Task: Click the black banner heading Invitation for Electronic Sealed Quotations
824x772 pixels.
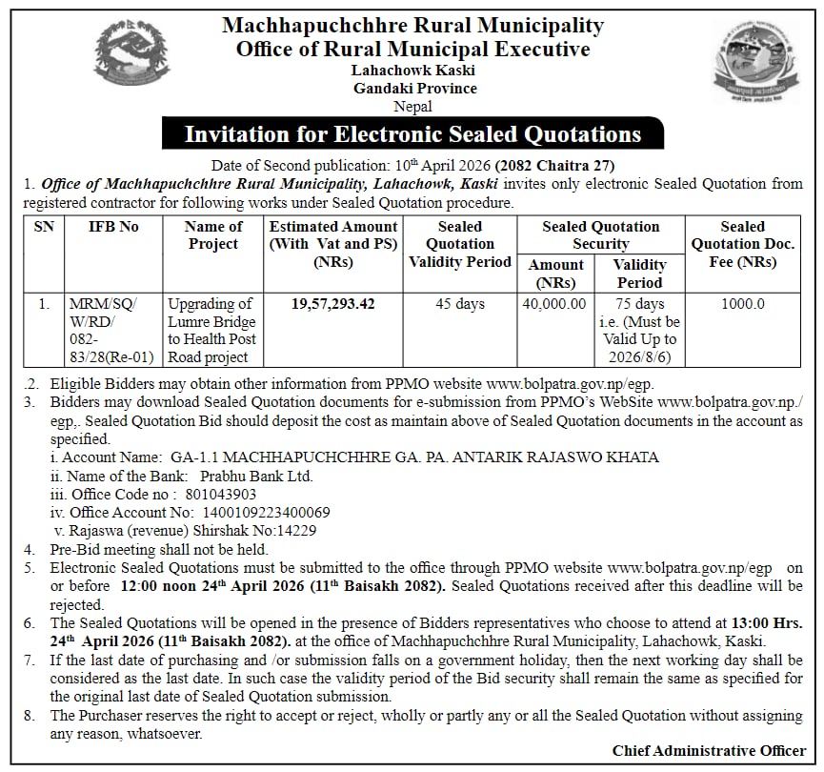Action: click(412, 134)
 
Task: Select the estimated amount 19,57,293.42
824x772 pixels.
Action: click(333, 304)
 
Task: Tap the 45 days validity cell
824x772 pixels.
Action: click(460, 304)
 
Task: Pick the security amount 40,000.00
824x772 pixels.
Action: click(554, 304)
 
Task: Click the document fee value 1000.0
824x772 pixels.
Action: click(742, 304)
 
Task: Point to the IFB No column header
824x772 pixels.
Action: click(113, 227)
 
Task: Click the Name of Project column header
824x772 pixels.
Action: click(212, 235)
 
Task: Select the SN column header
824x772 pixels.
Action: click(44, 227)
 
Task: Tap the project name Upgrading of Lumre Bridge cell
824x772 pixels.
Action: click(211, 330)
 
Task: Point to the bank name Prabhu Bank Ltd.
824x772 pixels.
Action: click(251, 476)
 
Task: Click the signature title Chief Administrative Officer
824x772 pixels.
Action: click(709, 751)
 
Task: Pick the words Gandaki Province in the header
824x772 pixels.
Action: click(414, 89)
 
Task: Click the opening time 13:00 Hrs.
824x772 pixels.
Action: click(765, 622)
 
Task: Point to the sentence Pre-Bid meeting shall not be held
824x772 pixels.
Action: click(159, 549)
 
